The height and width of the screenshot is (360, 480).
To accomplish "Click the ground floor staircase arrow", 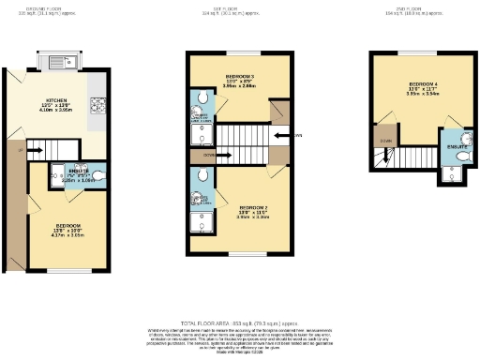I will (37, 147).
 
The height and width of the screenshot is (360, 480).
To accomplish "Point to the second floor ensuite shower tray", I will (454, 172).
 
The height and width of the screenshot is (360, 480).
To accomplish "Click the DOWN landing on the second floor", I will (384, 141).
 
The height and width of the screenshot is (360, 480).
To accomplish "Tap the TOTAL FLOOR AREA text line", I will (240, 322).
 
